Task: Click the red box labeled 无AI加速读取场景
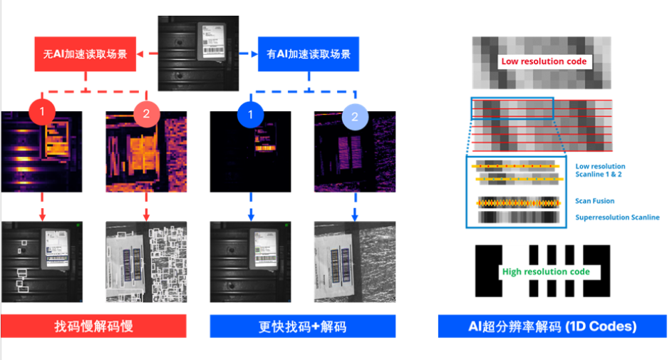click(86, 54)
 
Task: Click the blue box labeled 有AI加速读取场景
click(309, 54)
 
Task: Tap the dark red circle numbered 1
click(42, 112)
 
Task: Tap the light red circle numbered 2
click(147, 114)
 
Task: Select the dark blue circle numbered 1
click(251, 115)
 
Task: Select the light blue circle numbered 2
click(355, 117)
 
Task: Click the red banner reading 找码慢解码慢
click(93, 326)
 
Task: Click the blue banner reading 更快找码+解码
click(303, 326)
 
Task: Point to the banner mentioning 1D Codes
click(552, 326)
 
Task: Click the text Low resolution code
click(544, 61)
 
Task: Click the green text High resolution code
click(546, 272)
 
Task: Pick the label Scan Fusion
click(595, 201)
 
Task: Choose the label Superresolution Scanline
click(617, 217)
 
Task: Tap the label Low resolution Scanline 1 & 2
click(600, 170)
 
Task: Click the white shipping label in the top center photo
click(211, 41)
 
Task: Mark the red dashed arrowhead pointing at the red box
click(140, 54)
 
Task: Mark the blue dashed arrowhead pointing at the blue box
click(254, 54)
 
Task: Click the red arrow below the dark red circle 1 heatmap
click(42, 207)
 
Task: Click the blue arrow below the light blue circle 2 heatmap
click(355, 207)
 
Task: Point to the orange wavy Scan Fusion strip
click(519, 202)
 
